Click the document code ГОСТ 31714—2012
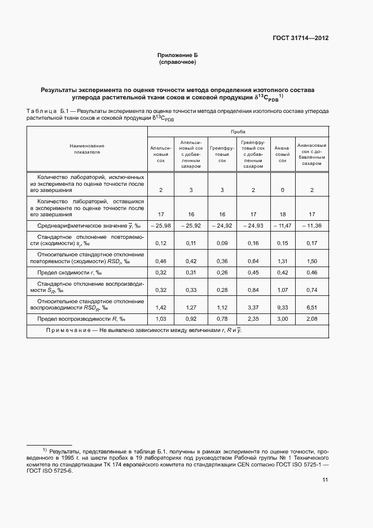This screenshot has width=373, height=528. tap(300, 38)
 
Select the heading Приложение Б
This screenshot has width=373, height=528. tap(178, 55)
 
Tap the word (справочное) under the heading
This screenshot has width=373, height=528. tap(178, 62)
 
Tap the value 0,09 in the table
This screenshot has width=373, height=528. tap(222, 243)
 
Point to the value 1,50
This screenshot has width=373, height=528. tap(311, 261)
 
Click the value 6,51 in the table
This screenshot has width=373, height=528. tap(311, 308)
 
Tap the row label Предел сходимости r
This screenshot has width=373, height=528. tap(71, 273)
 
